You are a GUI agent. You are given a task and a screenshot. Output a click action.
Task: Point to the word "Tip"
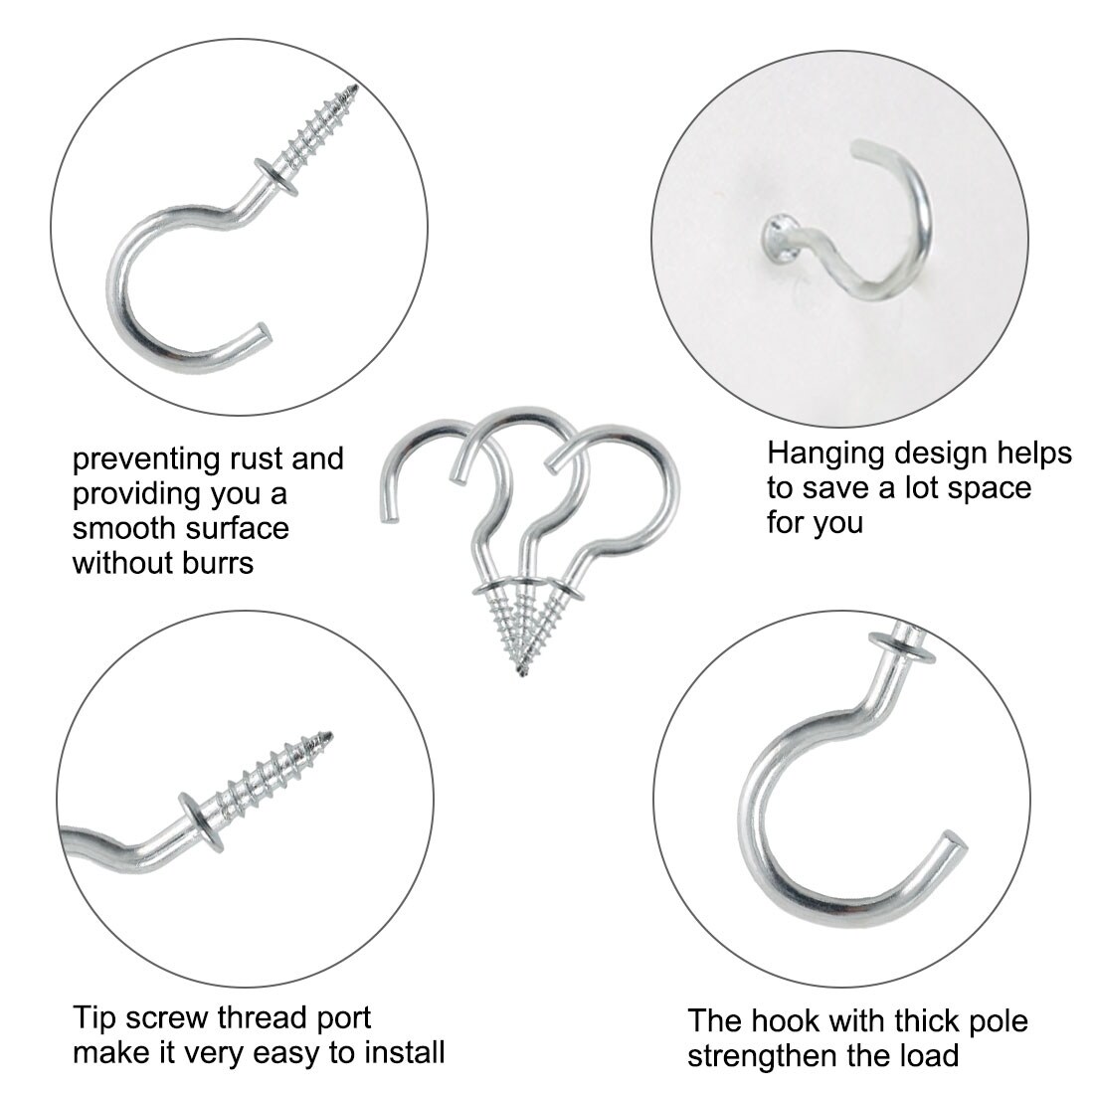point(94,1019)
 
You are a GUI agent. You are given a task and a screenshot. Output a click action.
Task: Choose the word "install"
point(404,1052)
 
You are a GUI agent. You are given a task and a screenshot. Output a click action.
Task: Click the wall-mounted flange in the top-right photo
point(782,239)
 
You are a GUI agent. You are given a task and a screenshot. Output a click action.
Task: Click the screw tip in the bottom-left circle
point(328,735)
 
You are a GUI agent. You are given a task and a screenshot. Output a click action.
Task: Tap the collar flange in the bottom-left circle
point(202,822)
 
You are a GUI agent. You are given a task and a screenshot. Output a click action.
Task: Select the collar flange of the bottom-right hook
point(903,647)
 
